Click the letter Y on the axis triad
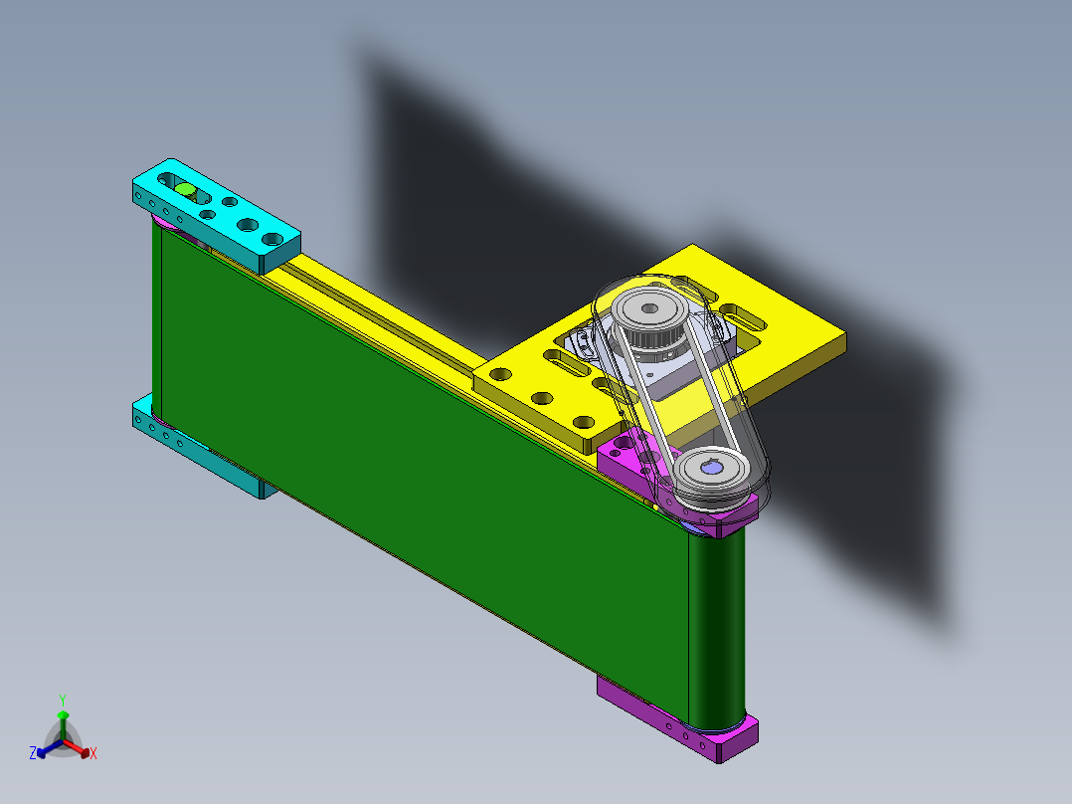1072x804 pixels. pos(63,700)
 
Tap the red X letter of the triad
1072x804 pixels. pos(93,753)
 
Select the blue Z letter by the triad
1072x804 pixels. pos(33,752)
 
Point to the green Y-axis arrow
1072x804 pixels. pos(63,725)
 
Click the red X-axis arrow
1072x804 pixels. pos(77,748)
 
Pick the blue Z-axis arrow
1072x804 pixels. pos(50,748)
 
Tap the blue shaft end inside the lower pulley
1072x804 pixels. pos(712,468)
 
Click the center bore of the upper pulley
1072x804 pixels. pos(649,308)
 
